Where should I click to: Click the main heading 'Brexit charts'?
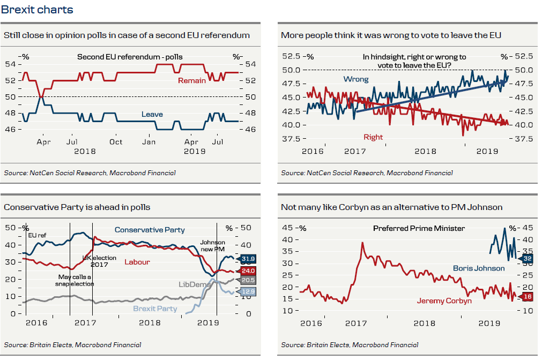click(37, 10)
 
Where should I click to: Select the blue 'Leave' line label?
click(152, 114)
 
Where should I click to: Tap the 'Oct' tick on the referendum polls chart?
click(116, 142)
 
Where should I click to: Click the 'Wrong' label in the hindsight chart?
click(356, 79)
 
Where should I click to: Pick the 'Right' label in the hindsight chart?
click(373, 137)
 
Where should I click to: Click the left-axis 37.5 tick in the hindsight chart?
click(293, 139)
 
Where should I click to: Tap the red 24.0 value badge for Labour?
click(248, 271)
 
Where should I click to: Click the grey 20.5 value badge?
click(248, 280)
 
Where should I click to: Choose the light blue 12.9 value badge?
click(248, 291)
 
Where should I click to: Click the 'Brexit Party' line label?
click(155, 309)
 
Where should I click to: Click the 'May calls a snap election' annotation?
click(76, 280)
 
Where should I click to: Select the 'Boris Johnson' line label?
click(479, 268)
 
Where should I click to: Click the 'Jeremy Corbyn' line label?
click(444, 301)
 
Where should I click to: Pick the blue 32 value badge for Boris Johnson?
click(527, 258)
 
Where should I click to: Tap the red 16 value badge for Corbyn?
click(527, 296)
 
